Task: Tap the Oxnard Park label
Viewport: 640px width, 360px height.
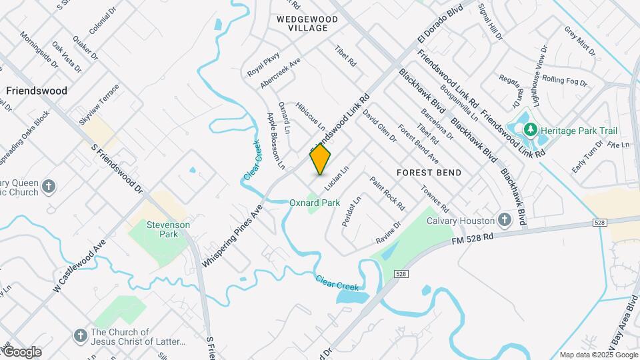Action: tap(315, 203)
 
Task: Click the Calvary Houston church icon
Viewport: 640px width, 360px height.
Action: tap(505, 220)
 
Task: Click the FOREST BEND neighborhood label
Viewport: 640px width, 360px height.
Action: tap(429, 173)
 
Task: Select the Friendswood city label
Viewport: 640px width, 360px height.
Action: tap(37, 91)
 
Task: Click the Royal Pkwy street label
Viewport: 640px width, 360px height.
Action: tap(263, 64)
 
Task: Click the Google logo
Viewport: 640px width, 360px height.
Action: tap(22, 352)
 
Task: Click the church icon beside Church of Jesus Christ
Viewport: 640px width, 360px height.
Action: tap(80, 335)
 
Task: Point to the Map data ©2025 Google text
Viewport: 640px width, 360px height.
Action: tap(598, 355)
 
